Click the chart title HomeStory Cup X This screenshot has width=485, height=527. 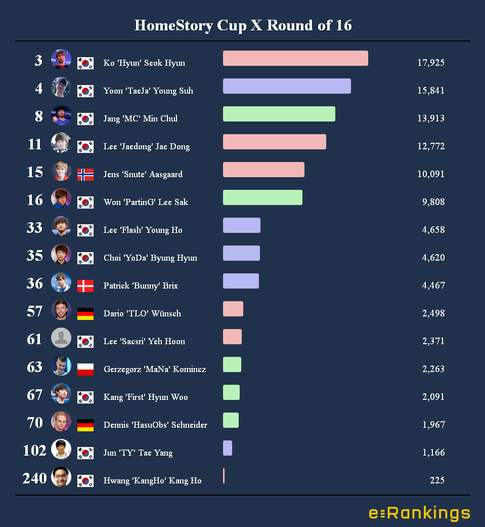pos(243,25)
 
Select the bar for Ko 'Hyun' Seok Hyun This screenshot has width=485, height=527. pos(295,58)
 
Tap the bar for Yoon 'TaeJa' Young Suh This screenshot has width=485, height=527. pos(287,86)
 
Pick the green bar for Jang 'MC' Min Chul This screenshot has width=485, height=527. pos(279,114)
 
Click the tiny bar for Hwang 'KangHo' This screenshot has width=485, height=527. pos(224,476)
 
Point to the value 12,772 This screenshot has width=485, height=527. pos(431,146)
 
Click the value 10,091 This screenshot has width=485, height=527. pos(431,174)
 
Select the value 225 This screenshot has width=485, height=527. pos(437,480)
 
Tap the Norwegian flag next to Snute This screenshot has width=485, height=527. pos(85,175)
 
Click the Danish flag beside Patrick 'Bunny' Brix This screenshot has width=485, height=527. pos(85,286)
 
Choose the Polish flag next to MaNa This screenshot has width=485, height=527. pos(85,370)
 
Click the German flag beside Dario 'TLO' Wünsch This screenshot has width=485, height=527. pos(85,314)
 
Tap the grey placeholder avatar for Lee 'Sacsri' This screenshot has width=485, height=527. pos(61,338)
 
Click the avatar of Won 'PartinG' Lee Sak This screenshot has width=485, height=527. pos(61,198)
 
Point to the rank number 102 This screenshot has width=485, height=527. pos(34,450)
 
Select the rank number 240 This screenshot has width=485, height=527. pos(34,478)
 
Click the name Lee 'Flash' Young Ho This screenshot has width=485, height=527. pos(143,230)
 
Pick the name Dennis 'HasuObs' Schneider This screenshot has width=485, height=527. pos(155,425)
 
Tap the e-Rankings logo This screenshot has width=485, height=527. pos(419,513)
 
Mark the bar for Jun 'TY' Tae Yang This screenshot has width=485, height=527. pos(228,448)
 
